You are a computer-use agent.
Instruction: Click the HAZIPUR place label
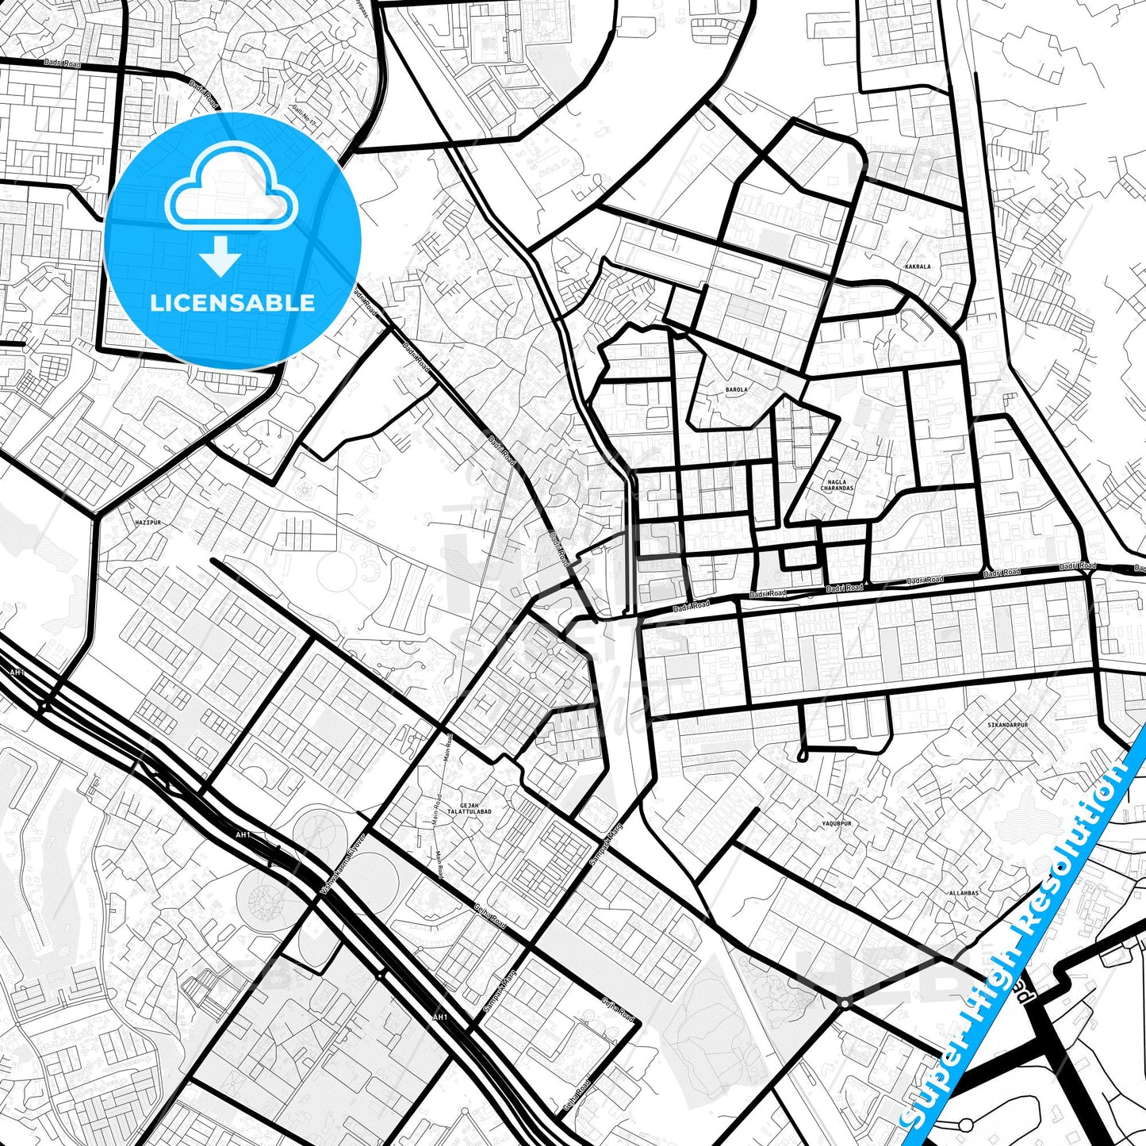[x=148, y=523]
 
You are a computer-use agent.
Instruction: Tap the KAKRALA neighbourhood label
[x=917, y=266]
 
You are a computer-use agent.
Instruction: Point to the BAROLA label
[x=737, y=390]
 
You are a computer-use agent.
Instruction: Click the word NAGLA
[x=837, y=481]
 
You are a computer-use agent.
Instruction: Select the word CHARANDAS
[x=837, y=489]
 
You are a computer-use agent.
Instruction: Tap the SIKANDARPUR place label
[x=1007, y=725]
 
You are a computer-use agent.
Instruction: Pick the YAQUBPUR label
[x=836, y=824]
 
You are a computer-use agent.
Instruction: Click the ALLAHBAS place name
[x=964, y=893]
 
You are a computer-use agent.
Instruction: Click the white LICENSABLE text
[x=232, y=302]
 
